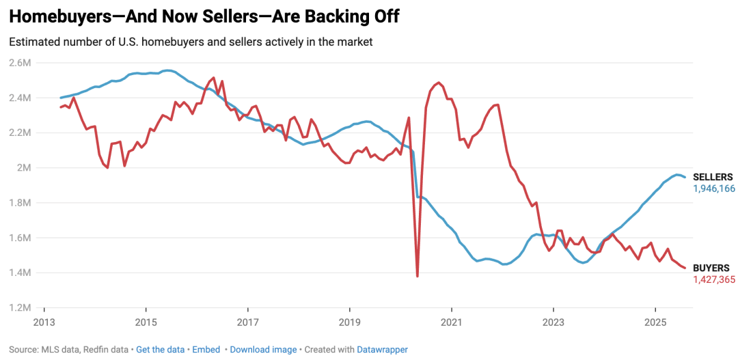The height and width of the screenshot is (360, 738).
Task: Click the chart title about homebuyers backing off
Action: click(x=204, y=17)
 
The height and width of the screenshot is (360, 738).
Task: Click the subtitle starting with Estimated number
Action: click(x=191, y=42)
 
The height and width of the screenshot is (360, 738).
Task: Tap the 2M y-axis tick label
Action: click(x=24, y=167)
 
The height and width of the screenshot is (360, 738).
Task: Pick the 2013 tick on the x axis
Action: click(x=44, y=322)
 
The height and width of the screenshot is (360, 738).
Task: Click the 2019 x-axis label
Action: click(x=349, y=322)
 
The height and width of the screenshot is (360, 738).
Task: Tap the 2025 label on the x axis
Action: click(x=655, y=322)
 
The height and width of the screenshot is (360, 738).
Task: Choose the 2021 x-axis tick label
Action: click(x=451, y=322)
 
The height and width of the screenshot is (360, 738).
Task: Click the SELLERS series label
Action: click(x=713, y=178)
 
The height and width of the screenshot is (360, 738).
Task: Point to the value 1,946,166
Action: click(x=714, y=189)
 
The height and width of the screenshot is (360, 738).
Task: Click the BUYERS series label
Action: click(x=711, y=268)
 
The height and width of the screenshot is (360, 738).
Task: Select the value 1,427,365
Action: click(x=714, y=279)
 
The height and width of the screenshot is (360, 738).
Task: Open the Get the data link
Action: click(x=160, y=349)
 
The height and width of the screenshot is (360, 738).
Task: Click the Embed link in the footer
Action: click(x=206, y=349)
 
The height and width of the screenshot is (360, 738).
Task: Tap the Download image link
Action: click(x=263, y=349)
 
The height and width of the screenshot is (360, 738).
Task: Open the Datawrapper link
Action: click(x=381, y=349)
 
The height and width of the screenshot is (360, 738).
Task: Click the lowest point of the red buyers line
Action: click(x=417, y=276)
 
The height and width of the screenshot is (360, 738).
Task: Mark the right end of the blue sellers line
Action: click(x=685, y=177)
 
